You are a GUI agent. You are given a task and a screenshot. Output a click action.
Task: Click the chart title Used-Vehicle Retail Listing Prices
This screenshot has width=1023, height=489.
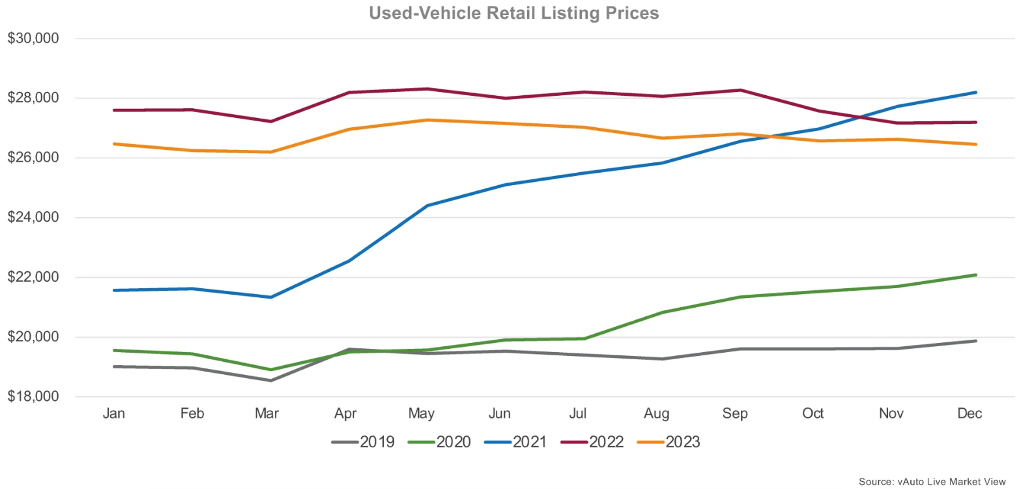pos(513,13)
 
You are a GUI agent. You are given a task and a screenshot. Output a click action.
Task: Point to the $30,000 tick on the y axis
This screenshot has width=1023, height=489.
pos(33,38)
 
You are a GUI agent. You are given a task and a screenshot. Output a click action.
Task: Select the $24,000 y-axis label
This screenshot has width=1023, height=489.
pos(33,217)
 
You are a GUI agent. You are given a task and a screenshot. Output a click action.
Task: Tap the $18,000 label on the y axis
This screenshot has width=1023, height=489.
pos(33,396)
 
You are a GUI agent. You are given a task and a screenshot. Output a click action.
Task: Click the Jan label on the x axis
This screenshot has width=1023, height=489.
pos(114,413)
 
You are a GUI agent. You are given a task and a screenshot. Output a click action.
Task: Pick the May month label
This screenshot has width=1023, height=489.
pos(422,413)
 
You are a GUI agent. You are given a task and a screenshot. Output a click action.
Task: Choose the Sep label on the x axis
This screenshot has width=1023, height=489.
pos(735,413)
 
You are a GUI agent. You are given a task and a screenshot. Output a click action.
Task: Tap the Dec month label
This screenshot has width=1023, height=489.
pos(970,413)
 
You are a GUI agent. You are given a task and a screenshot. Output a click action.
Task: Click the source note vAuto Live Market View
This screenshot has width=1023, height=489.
pos(932,482)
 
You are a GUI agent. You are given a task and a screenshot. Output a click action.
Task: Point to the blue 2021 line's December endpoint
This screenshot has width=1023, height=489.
pos(975,93)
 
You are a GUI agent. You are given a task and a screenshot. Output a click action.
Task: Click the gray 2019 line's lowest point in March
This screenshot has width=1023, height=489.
pos(271,380)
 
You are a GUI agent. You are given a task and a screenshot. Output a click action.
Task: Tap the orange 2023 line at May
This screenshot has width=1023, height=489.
pos(427,120)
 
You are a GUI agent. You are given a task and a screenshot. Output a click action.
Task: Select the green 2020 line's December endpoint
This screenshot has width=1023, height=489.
pos(975,275)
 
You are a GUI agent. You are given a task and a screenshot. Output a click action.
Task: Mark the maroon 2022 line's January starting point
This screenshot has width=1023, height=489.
pos(115,110)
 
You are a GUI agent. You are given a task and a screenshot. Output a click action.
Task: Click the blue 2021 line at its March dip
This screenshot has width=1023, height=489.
pos(271,297)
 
